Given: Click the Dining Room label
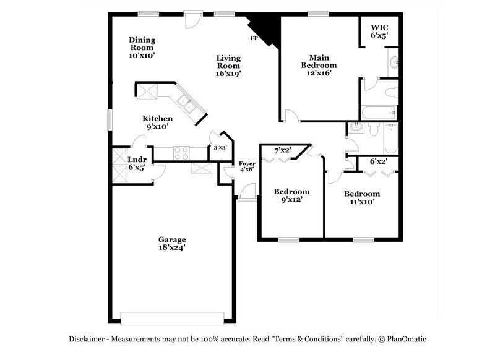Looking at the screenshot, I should coord(142,48).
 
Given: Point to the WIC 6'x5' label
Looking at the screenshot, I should coord(379,32).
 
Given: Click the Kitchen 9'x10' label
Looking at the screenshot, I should coord(157,122).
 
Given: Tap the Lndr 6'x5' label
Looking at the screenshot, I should coord(136,163).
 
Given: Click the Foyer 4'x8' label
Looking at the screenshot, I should coord(247,166).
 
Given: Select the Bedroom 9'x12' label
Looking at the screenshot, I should coord(291,195).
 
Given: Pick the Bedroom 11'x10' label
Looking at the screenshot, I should coord(362,197).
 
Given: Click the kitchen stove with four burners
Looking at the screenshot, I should coord(181,153).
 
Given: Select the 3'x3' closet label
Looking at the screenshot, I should coord(219,148).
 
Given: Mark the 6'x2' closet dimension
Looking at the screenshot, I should coord(379,161).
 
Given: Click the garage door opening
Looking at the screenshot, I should coord(171,317).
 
